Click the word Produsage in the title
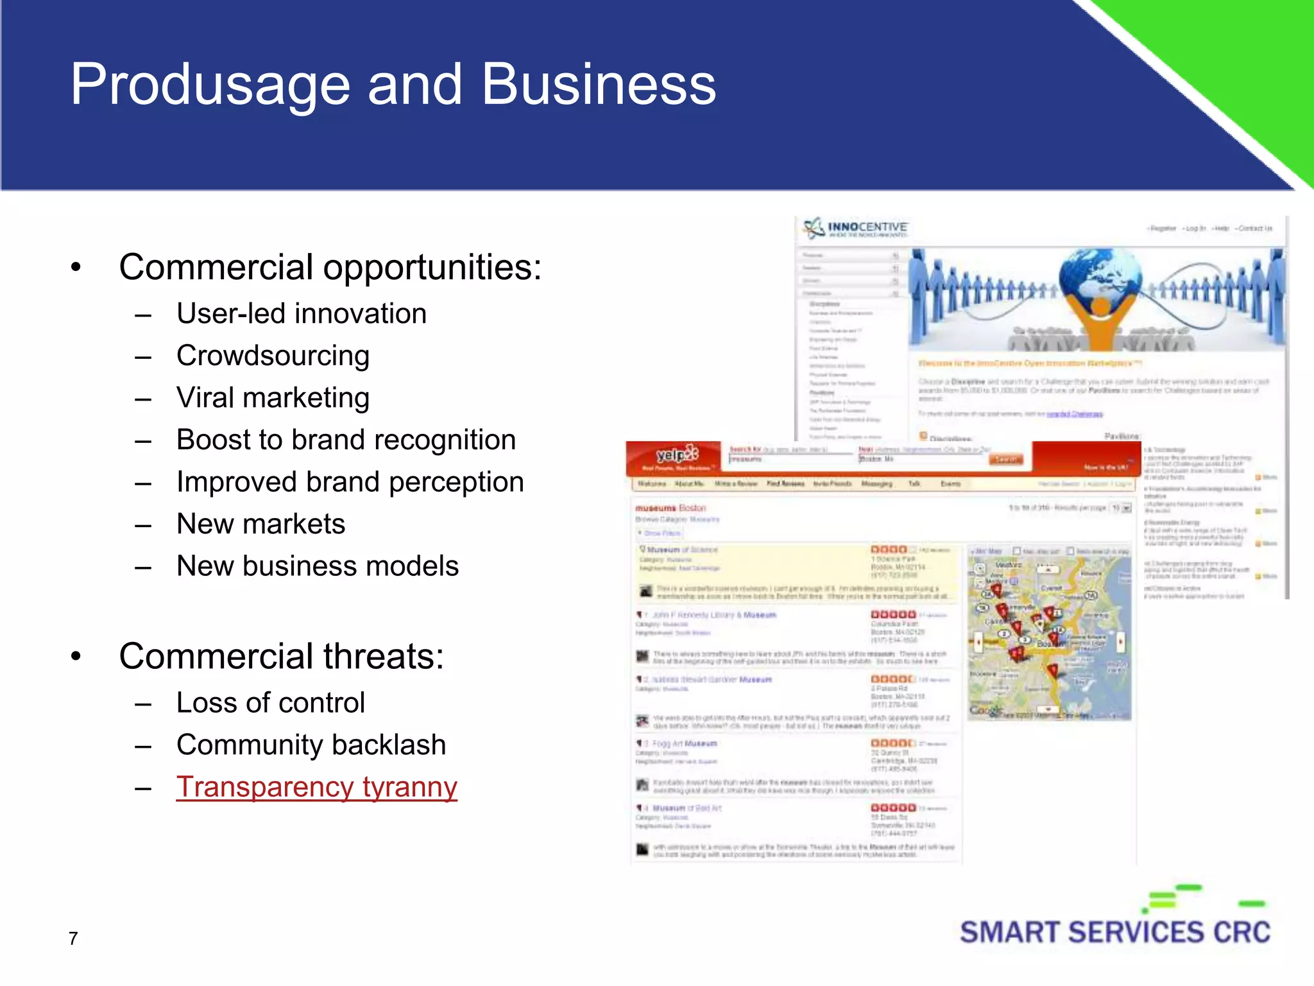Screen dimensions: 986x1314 tap(210, 85)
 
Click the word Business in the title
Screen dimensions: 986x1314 tap(598, 85)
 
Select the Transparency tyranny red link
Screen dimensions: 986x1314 tap(316, 787)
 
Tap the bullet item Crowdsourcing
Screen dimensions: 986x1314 tap(273, 356)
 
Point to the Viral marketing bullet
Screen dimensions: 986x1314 tap(273, 398)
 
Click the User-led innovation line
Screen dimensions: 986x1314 tap(301, 314)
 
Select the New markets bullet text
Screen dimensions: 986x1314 tap(260, 524)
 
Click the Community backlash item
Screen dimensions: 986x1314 tap(311, 745)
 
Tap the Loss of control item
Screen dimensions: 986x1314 tap(270, 703)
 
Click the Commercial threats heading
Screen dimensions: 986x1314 tap(281, 656)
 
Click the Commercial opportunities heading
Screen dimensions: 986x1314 tap(330, 267)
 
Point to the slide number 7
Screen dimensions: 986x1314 tap(73, 938)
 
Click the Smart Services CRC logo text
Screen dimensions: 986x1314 tap(1114, 932)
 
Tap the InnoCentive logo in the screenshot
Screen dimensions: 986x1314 tap(857, 228)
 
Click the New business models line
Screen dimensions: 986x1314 tap(317, 566)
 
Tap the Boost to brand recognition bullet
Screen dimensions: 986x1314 tap(346, 440)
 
